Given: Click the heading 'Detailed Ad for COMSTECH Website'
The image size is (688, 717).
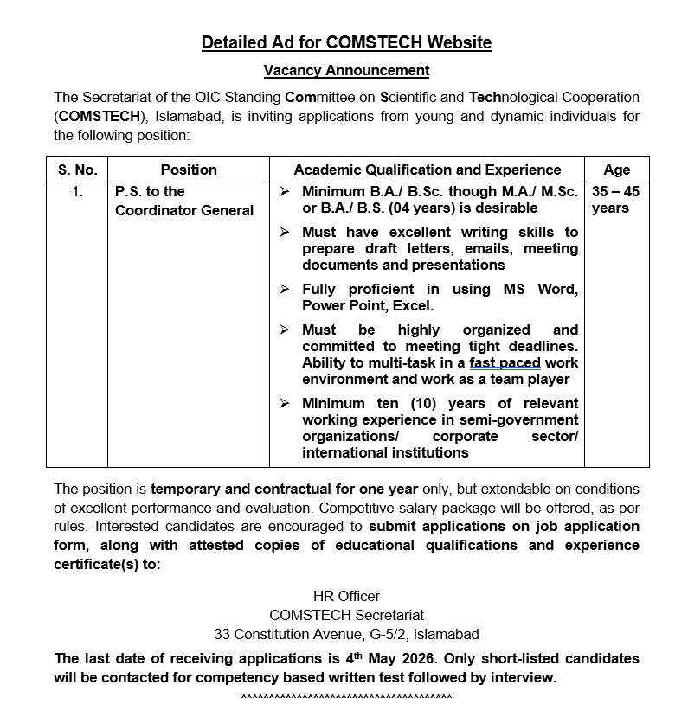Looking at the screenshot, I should [x=346, y=42].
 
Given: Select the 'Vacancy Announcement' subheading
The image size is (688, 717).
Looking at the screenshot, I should [x=346, y=70].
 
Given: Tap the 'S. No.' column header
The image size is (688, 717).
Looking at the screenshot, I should [x=77, y=170].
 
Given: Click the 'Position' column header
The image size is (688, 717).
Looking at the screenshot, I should [x=189, y=170].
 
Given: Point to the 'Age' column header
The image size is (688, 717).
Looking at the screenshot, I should [x=616, y=170].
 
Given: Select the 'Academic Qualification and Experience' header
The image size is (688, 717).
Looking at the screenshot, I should [x=428, y=170].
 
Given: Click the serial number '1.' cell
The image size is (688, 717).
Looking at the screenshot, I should [x=77, y=192].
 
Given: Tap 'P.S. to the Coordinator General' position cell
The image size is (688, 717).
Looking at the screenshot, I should [x=184, y=201].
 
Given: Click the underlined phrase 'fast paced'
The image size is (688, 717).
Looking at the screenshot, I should [x=505, y=362].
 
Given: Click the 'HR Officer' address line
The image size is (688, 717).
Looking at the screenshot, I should [x=346, y=596].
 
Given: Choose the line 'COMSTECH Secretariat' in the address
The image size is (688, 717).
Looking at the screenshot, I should [x=346, y=615].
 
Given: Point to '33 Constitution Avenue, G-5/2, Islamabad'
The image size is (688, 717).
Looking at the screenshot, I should [x=346, y=634].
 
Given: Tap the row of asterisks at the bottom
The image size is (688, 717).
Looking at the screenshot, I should [x=346, y=697].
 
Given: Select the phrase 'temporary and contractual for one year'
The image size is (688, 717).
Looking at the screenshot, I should [x=285, y=489].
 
